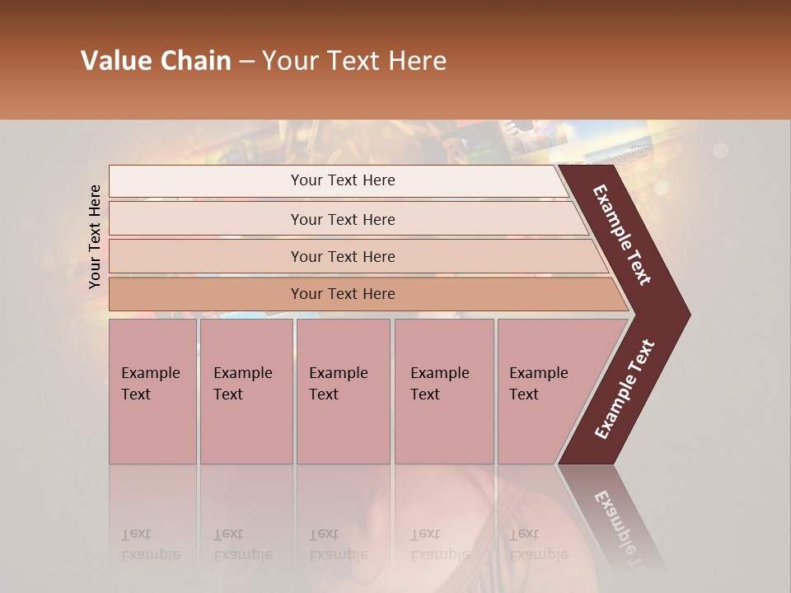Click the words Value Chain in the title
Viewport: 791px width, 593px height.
[156, 61]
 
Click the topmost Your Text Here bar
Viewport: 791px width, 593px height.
[342, 180]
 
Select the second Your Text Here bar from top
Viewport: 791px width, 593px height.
[342, 219]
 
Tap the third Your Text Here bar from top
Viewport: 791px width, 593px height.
[342, 256]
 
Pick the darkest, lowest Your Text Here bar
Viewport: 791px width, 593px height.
[342, 294]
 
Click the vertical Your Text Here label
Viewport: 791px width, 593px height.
[95, 236]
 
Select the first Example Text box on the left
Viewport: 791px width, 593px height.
[152, 391]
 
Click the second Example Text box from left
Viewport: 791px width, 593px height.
[246, 391]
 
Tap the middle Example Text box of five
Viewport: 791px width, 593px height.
[342, 391]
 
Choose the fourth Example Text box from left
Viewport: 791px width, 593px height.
[443, 391]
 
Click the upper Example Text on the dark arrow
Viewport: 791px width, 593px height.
[622, 235]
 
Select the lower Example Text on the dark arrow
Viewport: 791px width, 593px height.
[625, 390]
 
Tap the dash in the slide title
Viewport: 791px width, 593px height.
[246, 61]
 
